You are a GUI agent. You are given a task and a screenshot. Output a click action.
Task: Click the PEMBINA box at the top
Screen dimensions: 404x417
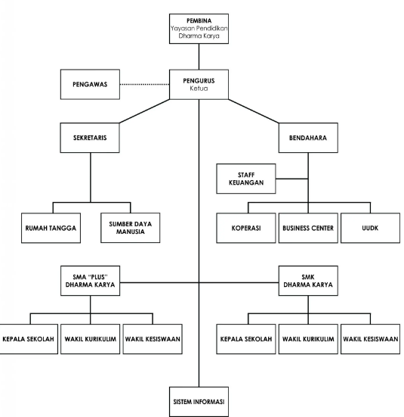(x=199, y=29)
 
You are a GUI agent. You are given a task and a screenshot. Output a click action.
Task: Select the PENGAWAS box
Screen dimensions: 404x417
(x=90, y=85)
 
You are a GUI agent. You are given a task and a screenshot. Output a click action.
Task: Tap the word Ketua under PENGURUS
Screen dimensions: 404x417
(x=199, y=89)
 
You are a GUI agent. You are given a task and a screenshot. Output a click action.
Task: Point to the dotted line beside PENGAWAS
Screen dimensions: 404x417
(x=145, y=85)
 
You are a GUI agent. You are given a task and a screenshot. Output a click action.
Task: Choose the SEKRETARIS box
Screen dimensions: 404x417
(x=90, y=138)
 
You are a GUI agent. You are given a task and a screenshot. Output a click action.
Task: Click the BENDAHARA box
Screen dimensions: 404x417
(x=308, y=138)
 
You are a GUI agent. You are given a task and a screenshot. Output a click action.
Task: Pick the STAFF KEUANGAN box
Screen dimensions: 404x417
(x=246, y=179)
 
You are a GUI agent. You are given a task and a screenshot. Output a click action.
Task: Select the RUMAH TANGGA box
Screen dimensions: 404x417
(x=51, y=228)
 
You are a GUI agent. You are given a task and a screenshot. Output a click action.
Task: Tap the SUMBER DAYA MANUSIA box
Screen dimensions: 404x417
(x=131, y=228)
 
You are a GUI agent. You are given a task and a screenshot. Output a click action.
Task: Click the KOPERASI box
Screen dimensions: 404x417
(x=246, y=228)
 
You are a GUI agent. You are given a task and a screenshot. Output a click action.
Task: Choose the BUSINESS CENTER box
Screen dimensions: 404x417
(x=308, y=228)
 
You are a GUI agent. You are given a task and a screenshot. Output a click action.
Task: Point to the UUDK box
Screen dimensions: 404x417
(x=370, y=228)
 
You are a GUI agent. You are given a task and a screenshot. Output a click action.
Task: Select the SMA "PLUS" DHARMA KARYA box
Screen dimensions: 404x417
(x=91, y=281)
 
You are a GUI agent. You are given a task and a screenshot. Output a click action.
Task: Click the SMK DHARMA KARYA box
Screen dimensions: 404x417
(x=308, y=281)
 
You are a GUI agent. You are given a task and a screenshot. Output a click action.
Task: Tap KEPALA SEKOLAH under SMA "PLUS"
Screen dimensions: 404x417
(x=28, y=339)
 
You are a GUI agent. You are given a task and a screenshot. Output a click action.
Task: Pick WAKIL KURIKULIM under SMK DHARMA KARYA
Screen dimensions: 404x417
(x=308, y=339)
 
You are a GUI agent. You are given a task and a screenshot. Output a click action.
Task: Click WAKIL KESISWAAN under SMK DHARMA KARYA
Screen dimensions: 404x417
(x=370, y=339)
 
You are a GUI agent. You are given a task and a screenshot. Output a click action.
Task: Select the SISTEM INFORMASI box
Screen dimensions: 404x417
(x=199, y=402)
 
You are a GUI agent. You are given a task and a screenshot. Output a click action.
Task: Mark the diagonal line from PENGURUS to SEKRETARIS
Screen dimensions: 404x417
(x=145, y=111)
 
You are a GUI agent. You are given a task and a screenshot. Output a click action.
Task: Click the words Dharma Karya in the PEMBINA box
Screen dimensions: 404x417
(x=199, y=36)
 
